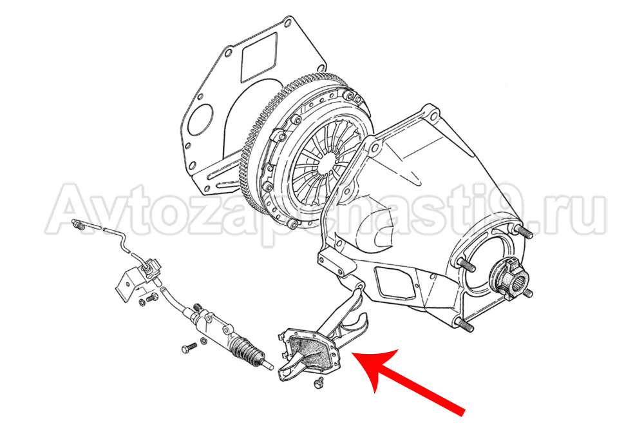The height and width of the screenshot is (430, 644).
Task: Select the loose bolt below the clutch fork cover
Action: [317, 382]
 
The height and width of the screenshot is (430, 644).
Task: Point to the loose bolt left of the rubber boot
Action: [189, 348]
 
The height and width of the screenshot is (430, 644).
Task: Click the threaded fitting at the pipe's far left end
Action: [77, 224]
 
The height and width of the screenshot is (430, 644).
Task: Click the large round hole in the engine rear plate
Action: [202, 119]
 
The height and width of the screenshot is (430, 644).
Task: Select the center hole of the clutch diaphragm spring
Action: [325, 163]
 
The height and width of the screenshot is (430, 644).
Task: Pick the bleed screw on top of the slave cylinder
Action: [198, 307]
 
